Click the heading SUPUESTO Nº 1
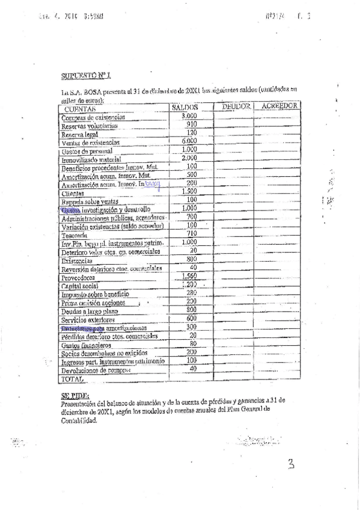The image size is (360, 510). pyautogui.click(x=86, y=76)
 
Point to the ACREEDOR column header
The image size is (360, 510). pyautogui.click(x=276, y=106)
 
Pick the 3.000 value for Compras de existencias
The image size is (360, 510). pyautogui.click(x=189, y=115)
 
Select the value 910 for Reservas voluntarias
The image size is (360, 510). pyautogui.click(x=192, y=124)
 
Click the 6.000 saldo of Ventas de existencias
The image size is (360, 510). pyautogui.click(x=190, y=141)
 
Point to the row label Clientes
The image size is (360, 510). pyautogui.click(x=73, y=194)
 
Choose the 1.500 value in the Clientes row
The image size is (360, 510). pyautogui.click(x=190, y=191)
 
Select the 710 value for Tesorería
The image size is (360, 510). pyautogui.click(x=192, y=233)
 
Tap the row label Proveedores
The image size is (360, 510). pyautogui.click(x=79, y=278)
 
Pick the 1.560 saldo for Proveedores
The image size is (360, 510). pyautogui.click(x=190, y=276)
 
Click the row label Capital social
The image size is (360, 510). pyautogui.click(x=80, y=287)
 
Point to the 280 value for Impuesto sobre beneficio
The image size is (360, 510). pyautogui.click(x=192, y=293)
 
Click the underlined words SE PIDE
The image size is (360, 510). pyautogui.click(x=75, y=396)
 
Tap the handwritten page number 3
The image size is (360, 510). pyautogui.click(x=290, y=464)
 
